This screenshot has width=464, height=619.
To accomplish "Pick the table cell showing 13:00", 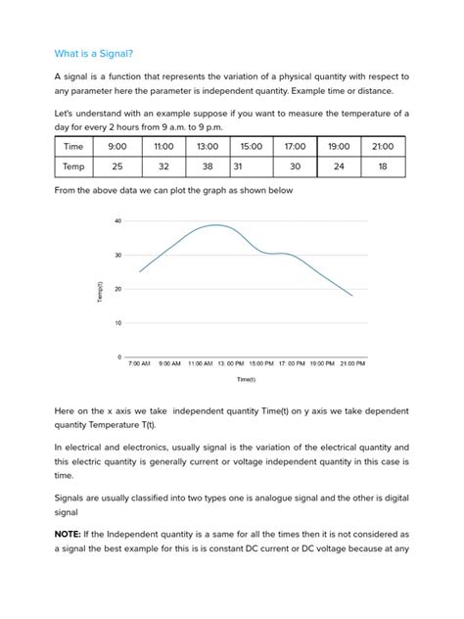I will pyautogui.click(x=207, y=146).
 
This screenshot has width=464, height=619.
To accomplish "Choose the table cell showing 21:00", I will pyautogui.click(x=383, y=146).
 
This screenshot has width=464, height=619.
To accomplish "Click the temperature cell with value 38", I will pyautogui.click(x=207, y=167).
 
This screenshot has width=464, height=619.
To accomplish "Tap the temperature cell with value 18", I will pyautogui.click(x=383, y=167).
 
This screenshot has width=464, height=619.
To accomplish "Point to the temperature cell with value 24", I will pyautogui.click(x=339, y=167).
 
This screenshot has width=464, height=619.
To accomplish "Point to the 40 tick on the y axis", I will pyautogui.click(x=117, y=221).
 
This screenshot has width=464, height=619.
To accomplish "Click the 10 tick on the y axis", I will pyautogui.click(x=117, y=323).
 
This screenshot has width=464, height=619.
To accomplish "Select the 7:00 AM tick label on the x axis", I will pyautogui.click(x=140, y=363).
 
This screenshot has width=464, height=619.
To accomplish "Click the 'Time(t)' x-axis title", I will pyautogui.click(x=245, y=379).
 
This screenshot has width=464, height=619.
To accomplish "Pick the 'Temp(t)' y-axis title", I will pyautogui.click(x=99, y=291).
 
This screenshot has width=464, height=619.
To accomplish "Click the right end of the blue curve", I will pyautogui.click(x=352, y=295).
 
